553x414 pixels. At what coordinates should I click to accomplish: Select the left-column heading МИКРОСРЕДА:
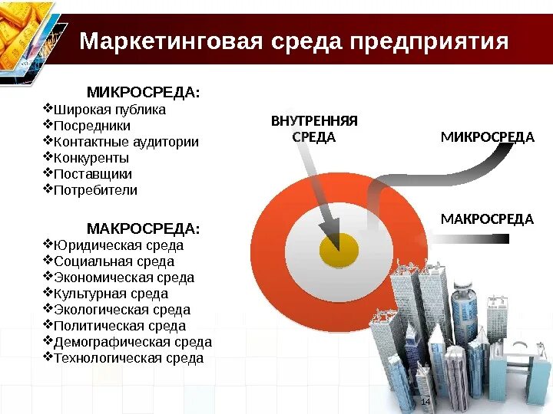143,93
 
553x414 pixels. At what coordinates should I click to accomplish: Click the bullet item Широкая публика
109,110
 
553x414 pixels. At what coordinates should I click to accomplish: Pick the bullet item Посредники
91,126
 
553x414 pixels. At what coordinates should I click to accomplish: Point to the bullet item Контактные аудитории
126,142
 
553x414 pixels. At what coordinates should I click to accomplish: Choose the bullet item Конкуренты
91,158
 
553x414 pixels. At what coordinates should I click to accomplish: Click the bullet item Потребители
95,190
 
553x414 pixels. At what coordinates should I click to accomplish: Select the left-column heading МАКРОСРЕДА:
143,229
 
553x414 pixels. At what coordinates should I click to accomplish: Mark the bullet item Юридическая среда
118,246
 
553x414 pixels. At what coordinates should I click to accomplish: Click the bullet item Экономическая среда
124,278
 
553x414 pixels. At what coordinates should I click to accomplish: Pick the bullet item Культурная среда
111,294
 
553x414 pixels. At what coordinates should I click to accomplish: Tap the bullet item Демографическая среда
132,342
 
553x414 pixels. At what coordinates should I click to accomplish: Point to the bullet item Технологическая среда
128,358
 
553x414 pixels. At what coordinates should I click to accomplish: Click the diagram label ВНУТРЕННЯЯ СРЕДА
315,129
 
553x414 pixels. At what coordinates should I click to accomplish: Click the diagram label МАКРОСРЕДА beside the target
487,219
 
